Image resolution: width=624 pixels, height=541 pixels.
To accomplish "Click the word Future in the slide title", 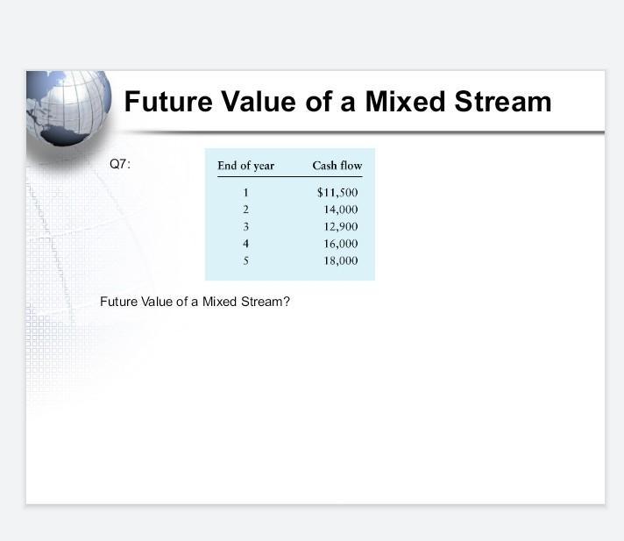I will (168, 102).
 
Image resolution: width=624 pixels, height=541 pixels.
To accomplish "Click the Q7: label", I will (120, 163).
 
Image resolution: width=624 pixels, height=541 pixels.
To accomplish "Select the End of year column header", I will (245, 166).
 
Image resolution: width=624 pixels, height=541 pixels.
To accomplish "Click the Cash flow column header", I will (337, 166).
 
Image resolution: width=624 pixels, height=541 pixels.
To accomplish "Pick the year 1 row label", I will (246, 192).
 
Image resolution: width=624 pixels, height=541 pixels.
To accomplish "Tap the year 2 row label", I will (246, 210).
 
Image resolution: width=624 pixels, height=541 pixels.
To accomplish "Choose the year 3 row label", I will (246, 226).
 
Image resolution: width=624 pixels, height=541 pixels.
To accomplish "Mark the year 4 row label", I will (246, 244).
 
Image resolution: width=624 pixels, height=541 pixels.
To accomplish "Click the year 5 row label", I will (246, 260).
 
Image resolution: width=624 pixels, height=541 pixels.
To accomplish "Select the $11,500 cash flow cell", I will (337, 192).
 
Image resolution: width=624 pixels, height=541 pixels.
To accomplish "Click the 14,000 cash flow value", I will (340, 210).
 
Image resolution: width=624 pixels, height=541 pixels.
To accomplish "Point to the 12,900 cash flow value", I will (340, 226).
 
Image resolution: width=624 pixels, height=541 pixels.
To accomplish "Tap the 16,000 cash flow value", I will (340, 244).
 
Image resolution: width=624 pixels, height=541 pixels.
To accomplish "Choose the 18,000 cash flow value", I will (340, 260).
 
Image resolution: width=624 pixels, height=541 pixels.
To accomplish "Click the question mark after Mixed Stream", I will (287, 302).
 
